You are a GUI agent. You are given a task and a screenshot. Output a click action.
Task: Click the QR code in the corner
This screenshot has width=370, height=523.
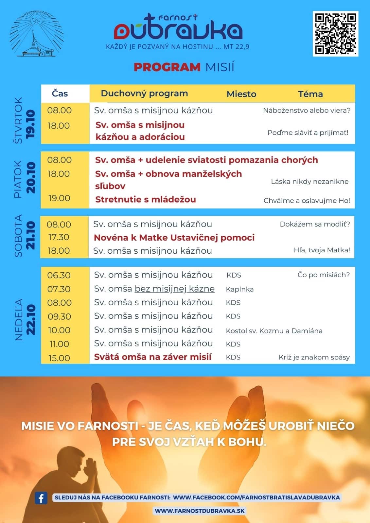[x=335, y=34]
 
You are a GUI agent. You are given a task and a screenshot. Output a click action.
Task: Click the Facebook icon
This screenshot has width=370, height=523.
[x=41, y=498]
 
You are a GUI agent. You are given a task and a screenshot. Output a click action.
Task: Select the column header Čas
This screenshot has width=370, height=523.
[x=60, y=93]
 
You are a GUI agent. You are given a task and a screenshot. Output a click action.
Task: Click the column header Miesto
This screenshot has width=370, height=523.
[x=241, y=94]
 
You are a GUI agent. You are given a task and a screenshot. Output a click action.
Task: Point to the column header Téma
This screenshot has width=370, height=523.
[x=310, y=94]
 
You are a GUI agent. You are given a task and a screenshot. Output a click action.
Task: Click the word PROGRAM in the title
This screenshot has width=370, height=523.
[x=167, y=67]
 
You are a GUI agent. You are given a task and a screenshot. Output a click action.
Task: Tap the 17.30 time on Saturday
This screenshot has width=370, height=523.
[x=59, y=237]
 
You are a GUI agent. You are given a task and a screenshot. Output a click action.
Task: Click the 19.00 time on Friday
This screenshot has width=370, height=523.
[x=59, y=198]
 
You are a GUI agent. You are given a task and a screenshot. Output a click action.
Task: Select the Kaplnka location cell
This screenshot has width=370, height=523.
[x=240, y=289]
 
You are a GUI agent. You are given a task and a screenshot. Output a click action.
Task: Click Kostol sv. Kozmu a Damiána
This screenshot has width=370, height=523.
[x=274, y=331]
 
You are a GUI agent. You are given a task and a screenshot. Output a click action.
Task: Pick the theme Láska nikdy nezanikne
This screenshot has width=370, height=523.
[x=309, y=181]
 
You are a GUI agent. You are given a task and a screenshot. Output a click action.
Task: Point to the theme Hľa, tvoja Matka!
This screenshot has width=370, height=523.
[x=322, y=250]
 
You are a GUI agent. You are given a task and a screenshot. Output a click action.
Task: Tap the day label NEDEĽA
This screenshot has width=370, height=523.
[x=19, y=319]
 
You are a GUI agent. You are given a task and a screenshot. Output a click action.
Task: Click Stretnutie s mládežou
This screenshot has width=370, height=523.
[x=146, y=199]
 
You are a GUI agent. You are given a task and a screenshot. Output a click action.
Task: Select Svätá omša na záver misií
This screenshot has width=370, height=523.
[x=153, y=357]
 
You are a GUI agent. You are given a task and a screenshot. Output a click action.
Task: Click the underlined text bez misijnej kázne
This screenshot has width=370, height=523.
[x=175, y=289]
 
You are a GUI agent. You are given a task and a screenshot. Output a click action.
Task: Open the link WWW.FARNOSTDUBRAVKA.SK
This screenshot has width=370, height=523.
[x=200, y=511]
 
